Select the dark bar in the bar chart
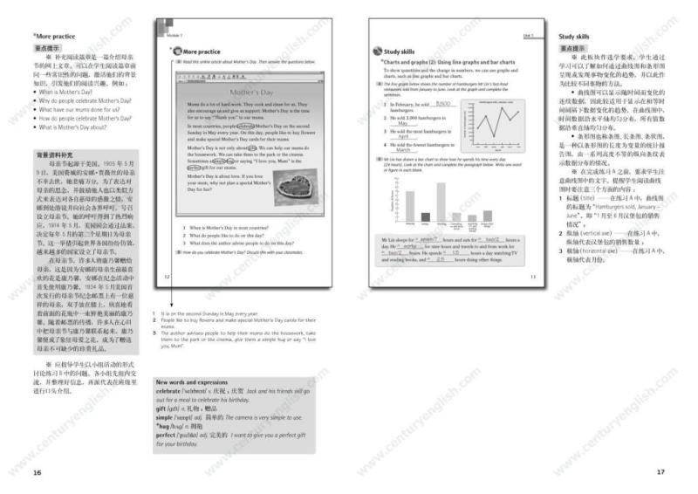(x=425, y=217)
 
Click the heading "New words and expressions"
(x=191, y=382)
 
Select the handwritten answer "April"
(x=403, y=137)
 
